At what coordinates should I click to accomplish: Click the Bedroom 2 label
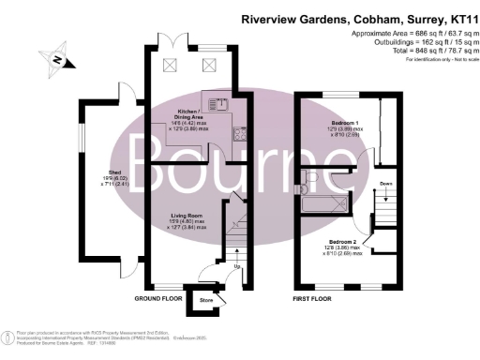click(339, 246)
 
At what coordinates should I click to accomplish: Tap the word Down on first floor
click(385, 185)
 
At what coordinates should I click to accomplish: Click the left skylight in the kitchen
click(171, 64)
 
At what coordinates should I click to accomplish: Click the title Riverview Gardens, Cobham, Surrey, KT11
click(358, 18)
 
